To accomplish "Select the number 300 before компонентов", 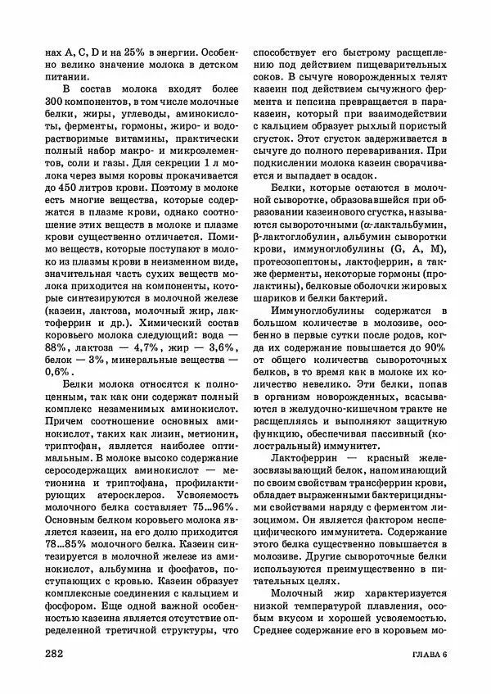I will coord(59,101).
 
